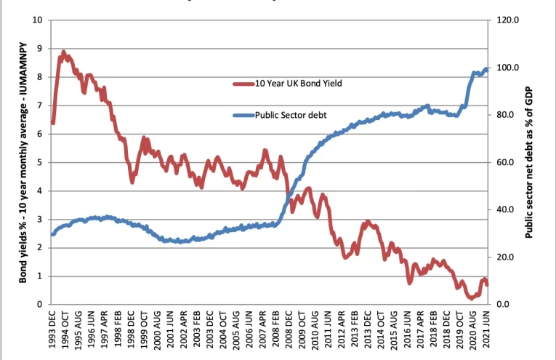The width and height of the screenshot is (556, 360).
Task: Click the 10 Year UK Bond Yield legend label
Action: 298,84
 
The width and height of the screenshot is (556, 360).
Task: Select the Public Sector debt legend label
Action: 291,115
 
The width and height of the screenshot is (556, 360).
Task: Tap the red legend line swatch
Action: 243,84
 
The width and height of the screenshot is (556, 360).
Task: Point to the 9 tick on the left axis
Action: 39,49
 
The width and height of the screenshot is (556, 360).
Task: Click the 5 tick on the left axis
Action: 39,162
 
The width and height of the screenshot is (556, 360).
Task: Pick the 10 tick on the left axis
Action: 37,20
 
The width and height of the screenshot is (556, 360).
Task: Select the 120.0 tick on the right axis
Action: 507,20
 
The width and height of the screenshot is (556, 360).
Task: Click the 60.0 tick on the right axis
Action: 506,162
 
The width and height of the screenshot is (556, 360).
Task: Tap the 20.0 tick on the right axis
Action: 506,257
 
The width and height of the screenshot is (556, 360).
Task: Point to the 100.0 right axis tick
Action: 507,68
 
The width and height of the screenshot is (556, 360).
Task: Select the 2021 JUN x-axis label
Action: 486,329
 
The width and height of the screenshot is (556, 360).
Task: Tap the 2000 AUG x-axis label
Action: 158,329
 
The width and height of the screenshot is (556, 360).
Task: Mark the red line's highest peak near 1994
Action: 63,52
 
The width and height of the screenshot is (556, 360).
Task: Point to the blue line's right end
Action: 486,69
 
